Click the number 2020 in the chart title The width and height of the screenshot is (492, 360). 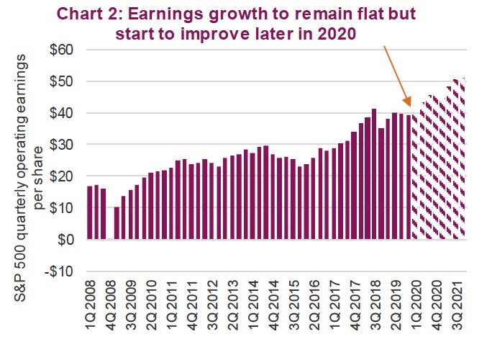(340, 34)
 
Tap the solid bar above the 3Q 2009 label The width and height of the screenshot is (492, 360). (130, 215)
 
